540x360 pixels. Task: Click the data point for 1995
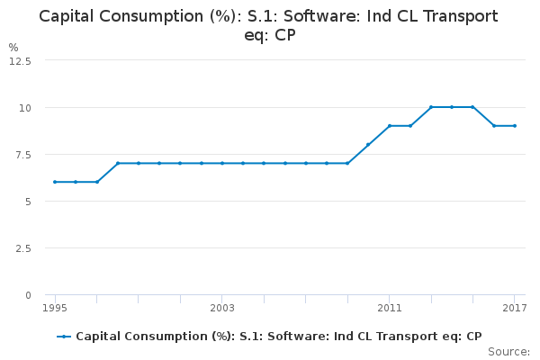pyautogui.click(x=55, y=182)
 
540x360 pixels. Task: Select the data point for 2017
pyautogui.click(x=514, y=126)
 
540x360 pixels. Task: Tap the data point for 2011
pyautogui.click(x=389, y=126)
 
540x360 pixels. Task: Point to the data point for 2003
pyautogui.click(x=222, y=163)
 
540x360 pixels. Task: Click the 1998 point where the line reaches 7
pyautogui.click(x=118, y=163)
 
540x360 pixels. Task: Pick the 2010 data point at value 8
pyautogui.click(x=368, y=144)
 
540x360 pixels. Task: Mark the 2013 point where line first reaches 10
pyautogui.click(x=431, y=107)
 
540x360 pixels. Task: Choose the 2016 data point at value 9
pyautogui.click(x=493, y=126)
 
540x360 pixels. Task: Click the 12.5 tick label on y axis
pyautogui.click(x=20, y=60)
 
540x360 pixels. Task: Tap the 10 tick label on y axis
pyautogui.click(x=25, y=107)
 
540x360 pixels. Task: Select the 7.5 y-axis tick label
pyautogui.click(x=22, y=154)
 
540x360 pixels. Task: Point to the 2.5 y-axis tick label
pyautogui.click(x=22, y=247)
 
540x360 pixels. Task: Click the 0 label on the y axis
pyautogui.click(x=28, y=294)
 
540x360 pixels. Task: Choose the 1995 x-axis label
pyautogui.click(x=55, y=309)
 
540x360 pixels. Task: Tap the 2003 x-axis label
pyautogui.click(x=222, y=309)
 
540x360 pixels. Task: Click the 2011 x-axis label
pyautogui.click(x=389, y=309)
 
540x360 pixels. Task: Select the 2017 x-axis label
pyautogui.click(x=514, y=309)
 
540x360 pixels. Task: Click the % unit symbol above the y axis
pyautogui.click(x=13, y=47)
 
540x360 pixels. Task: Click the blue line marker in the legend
pyautogui.click(x=64, y=337)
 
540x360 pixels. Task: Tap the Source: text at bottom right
pyautogui.click(x=510, y=352)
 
